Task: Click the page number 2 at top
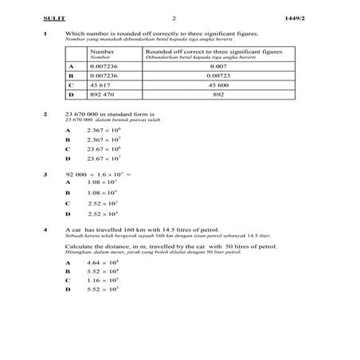coord(173,17)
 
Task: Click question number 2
coord(46,113)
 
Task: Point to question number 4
coord(46,229)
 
